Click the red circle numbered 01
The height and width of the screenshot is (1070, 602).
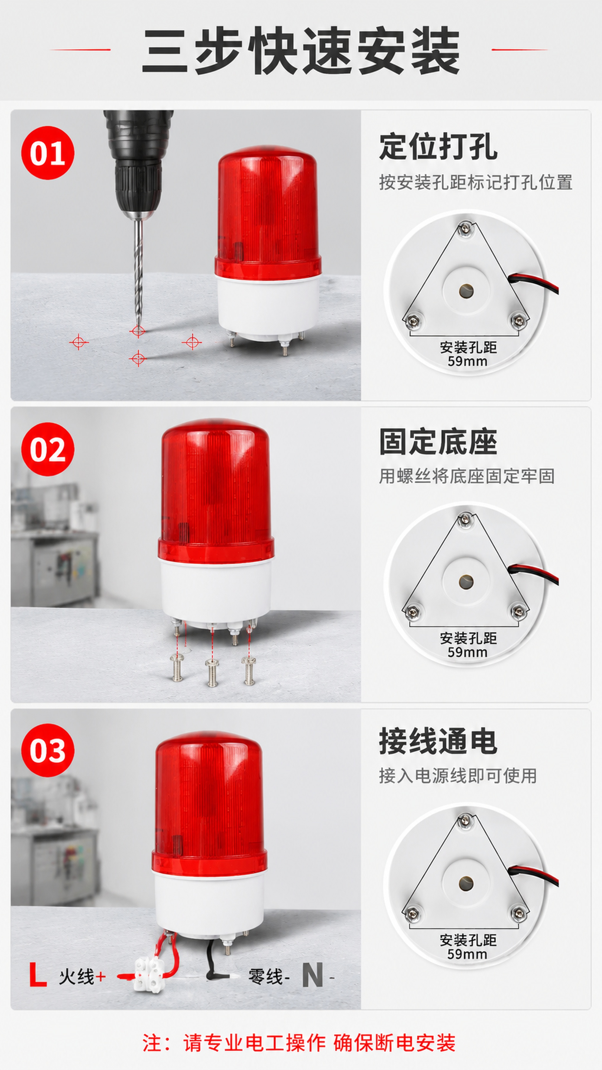pyautogui.click(x=48, y=153)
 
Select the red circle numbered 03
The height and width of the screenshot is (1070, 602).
pyautogui.click(x=48, y=750)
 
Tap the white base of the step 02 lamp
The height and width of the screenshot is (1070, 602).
pyautogui.click(x=216, y=590)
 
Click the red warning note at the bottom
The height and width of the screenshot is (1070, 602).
pyautogui.click(x=299, y=1043)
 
